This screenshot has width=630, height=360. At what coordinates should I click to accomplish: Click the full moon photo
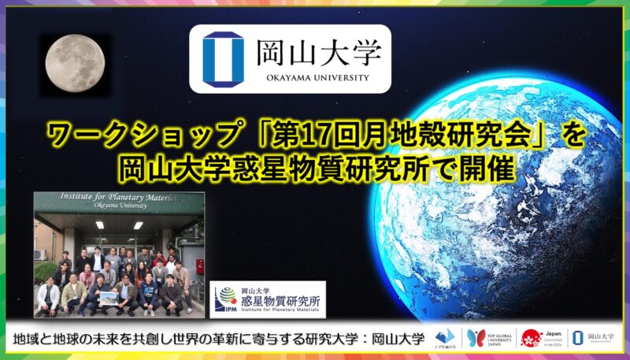(72, 61)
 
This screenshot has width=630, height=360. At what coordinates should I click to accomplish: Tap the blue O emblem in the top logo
(224, 58)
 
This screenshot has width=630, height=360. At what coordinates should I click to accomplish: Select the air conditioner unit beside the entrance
(41, 254)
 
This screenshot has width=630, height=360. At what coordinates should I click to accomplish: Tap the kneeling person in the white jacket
(49, 298)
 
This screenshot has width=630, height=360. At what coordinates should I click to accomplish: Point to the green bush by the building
(45, 273)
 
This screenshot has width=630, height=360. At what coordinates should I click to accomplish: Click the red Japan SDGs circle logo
(531, 337)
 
